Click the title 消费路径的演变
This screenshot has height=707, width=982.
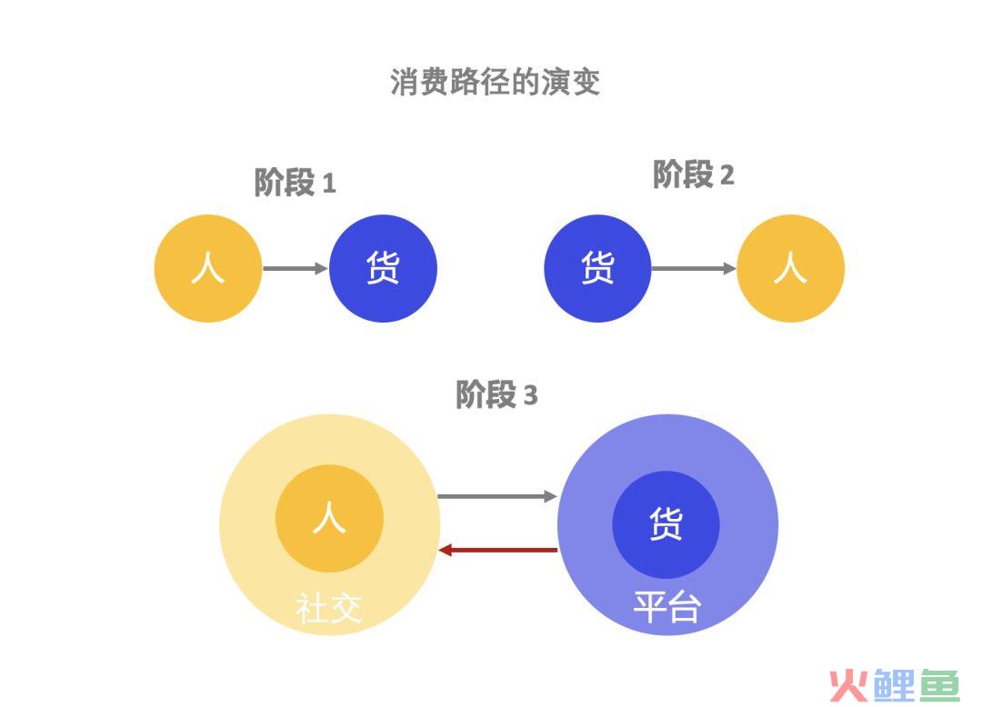(495, 82)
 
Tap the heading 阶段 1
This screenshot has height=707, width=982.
(295, 183)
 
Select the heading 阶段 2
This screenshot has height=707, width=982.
(693, 174)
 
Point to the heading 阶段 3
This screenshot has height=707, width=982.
(496, 394)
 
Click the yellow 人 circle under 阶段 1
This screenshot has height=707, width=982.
(208, 268)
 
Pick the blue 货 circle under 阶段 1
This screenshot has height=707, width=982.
(384, 268)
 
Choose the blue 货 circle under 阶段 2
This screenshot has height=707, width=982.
(597, 268)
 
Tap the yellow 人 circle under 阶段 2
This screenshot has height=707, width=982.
(791, 268)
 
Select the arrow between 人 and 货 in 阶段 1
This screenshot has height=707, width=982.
(296, 268)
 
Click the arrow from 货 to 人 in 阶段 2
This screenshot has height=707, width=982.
(694, 268)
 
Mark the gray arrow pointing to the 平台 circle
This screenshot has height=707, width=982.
(497, 496)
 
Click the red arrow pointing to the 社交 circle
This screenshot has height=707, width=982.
(498, 550)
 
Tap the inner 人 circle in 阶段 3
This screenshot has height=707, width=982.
(329, 519)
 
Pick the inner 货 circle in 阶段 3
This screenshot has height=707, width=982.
(666, 524)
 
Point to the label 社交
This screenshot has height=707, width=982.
(329, 608)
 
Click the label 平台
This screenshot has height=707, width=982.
(667, 607)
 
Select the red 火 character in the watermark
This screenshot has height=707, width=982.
(849, 686)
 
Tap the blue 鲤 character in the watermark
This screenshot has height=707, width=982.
(895, 686)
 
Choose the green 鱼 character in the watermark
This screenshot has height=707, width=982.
(939, 686)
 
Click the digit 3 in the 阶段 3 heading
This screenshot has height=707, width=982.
(530, 396)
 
